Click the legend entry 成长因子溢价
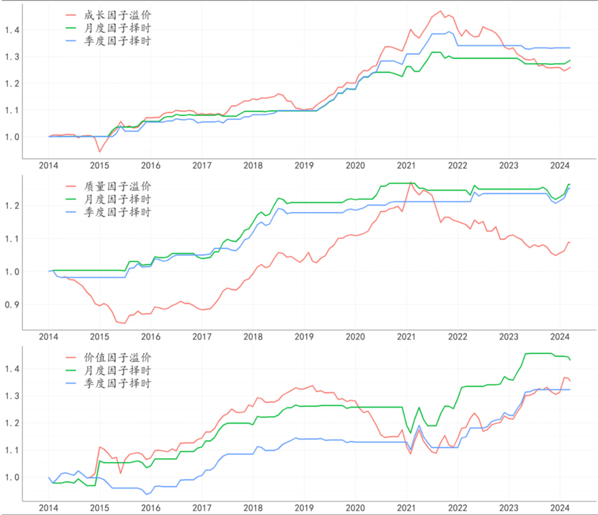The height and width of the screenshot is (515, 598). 117,15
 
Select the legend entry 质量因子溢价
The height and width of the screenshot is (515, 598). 117,186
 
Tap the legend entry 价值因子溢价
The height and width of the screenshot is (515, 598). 117,358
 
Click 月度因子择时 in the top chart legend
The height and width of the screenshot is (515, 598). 117,28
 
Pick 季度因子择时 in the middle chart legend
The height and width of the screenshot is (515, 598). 117,212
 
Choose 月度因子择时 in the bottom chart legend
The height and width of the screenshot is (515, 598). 117,371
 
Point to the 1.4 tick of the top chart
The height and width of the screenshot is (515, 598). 12,30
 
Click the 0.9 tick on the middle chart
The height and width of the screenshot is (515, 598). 12,305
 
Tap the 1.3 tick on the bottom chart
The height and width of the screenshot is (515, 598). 12,396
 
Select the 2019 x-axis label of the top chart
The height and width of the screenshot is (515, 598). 304,166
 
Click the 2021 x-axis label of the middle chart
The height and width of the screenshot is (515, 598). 406,337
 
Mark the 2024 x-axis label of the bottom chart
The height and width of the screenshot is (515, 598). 560,508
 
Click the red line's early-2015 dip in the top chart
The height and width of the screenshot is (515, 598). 99,152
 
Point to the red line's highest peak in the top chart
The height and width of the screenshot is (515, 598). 440,11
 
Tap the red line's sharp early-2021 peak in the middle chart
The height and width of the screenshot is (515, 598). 410,182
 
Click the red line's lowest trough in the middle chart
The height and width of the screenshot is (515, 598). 124,323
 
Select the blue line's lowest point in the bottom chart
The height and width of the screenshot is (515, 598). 146,494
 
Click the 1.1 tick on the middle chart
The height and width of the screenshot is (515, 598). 12,239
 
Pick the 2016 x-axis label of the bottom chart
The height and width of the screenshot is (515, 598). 151,508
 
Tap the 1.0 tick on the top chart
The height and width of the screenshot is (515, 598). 12,137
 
